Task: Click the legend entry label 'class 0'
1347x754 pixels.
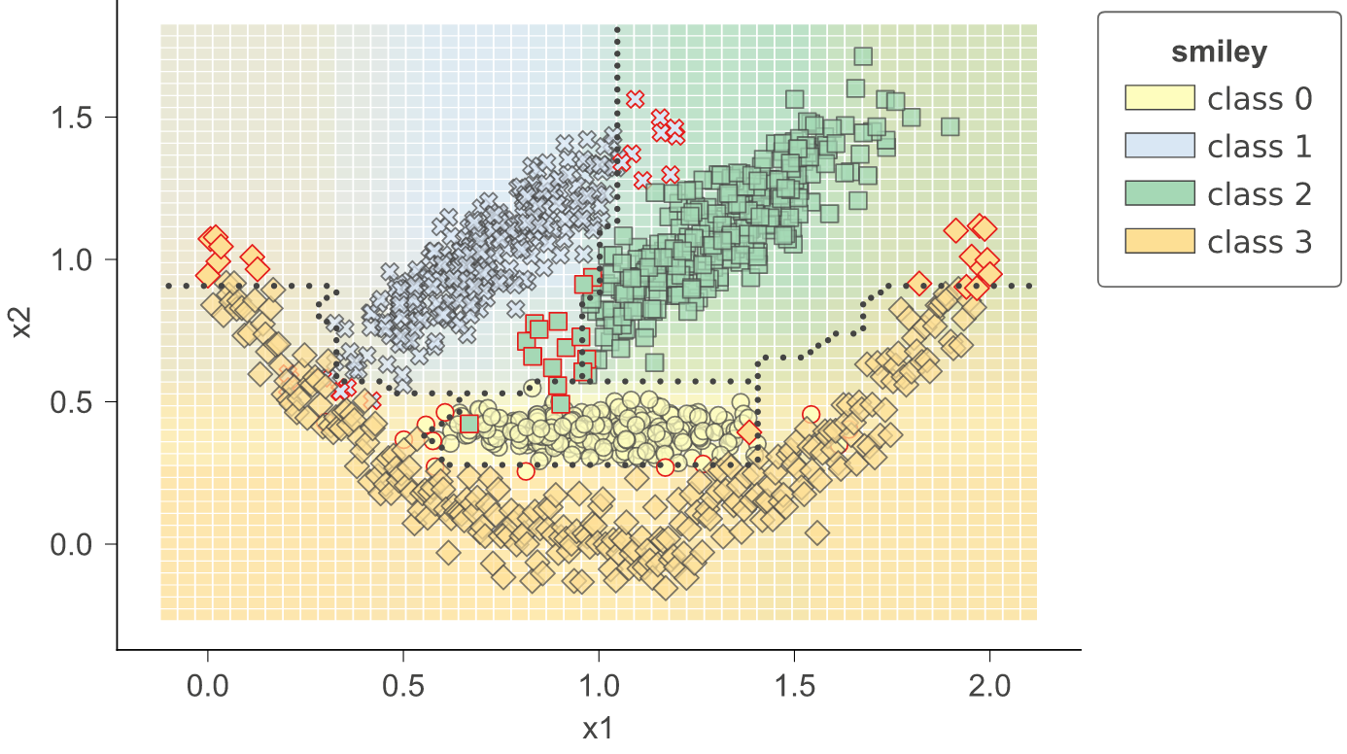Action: coord(1260,98)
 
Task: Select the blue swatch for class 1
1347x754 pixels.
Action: coord(1158,146)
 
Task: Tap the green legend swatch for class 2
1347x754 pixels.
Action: coord(1158,193)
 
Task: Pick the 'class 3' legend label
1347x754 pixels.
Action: coord(1260,241)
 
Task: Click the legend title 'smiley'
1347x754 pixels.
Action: coord(1219,52)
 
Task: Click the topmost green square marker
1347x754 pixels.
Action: coord(862,56)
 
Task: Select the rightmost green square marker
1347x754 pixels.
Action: coord(950,126)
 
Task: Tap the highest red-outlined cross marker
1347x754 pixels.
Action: coord(636,99)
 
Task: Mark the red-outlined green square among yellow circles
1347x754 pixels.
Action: coord(469,424)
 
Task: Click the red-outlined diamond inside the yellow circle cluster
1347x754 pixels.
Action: coord(748,432)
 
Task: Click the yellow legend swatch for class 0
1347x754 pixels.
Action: coord(1158,98)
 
